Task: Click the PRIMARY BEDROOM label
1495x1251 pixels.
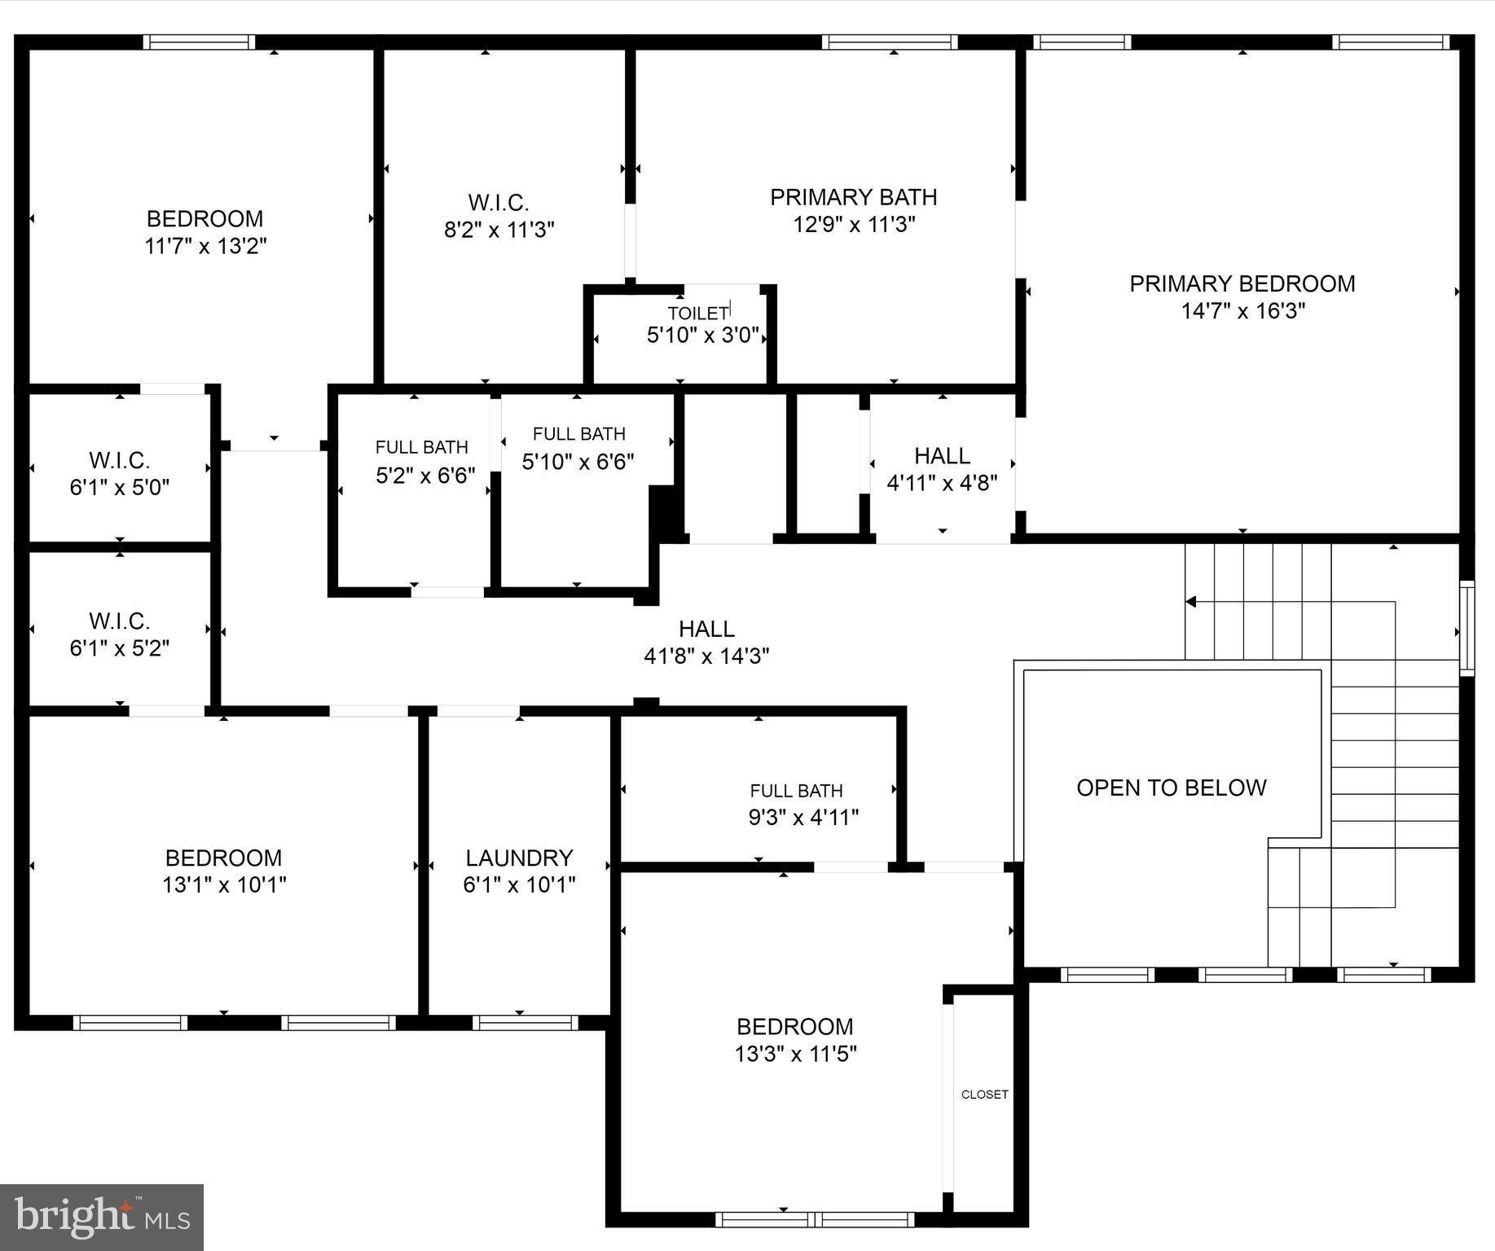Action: pyautogui.click(x=1242, y=283)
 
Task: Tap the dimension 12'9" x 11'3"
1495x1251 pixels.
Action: pyautogui.click(x=854, y=224)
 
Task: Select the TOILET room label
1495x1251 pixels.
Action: pyautogui.click(x=698, y=314)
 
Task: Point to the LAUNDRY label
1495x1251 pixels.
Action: pyautogui.click(x=519, y=858)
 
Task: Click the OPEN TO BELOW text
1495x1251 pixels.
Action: pyautogui.click(x=1171, y=788)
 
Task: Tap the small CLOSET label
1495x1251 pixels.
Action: pyautogui.click(x=984, y=1095)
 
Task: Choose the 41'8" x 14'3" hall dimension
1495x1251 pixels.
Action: pyautogui.click(x=706, y=656)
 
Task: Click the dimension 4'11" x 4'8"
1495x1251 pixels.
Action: pyautogui.click(x=942, y=483)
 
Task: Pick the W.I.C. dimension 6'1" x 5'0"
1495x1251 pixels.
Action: pyautogui.click(x=120, y=487)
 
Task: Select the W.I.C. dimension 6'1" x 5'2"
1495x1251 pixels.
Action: pyautogui.click(x=120, y=648)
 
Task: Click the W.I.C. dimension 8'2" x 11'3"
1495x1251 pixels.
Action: pyautogui.click(x=499, y=230)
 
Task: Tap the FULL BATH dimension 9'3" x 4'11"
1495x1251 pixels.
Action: pyautogui.click(x=803, y=817)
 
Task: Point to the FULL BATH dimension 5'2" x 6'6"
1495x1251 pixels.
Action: pyautogui.click(x=425, y=475)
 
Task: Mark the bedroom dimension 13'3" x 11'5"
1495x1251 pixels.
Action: pyautogui.click(x=795, y=1054)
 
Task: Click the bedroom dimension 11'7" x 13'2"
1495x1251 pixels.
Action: pyautogui.click(x=205, y=246)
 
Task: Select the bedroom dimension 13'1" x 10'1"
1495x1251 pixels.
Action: pyautogui.click(x=224, y=884)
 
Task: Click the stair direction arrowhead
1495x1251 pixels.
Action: pyautogui.click(x=1190, y=602)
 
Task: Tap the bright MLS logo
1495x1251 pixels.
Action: pyautogui.click(x=101, y=1218)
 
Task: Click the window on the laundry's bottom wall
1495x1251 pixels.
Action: pyautogui.click(x=525, y=1022)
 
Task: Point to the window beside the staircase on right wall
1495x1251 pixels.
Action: pyautogui.click(x=1466, y=628)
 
